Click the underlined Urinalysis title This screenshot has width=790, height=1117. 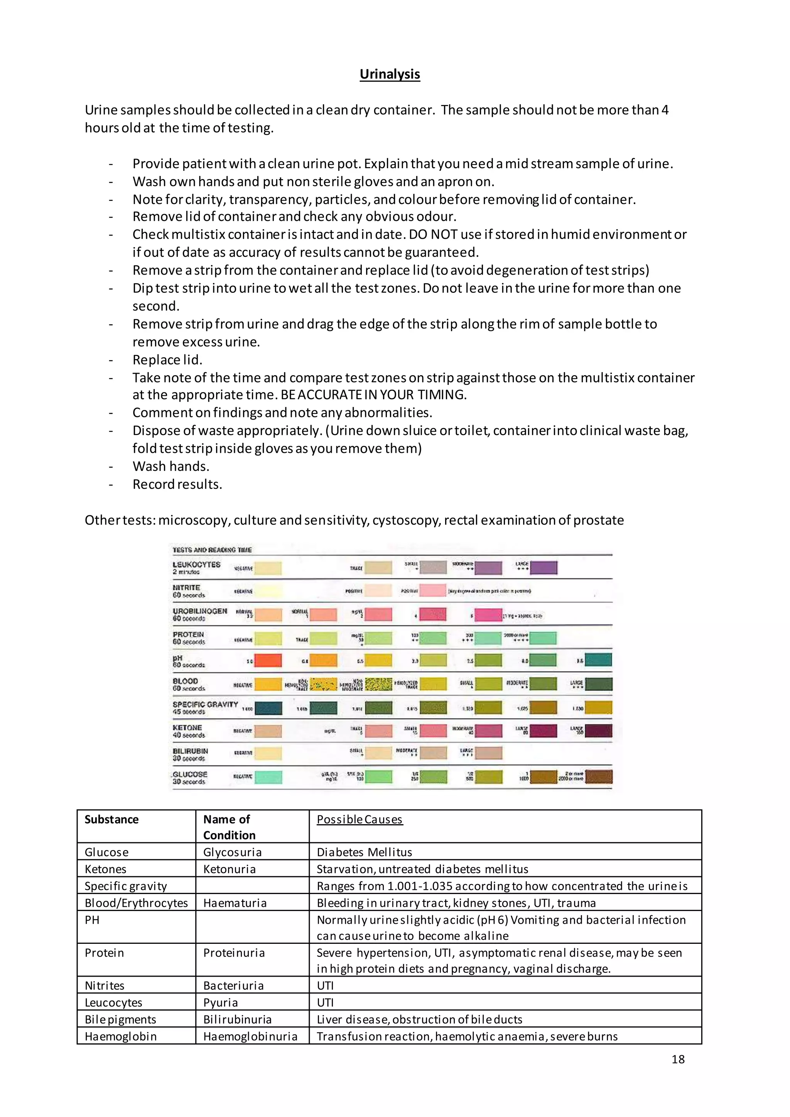tap(390, 74)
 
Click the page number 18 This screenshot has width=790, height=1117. tap(678, 1059)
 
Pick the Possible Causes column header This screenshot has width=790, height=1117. tap(360, 819)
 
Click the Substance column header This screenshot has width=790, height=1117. tap(111, 819)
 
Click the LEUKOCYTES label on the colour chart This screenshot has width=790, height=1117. tap(196, 565)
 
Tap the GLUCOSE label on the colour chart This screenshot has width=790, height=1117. tap(190, 774)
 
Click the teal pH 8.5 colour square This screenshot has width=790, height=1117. tap(598, 660)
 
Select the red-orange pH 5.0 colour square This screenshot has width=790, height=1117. tap(268, 661)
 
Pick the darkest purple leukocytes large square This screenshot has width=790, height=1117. tap(544, 567)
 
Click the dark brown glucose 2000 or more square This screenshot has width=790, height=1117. tap(598, 777)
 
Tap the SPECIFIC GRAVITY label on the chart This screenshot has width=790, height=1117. tap(205, 704)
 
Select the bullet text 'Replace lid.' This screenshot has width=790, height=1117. tap(167, 359)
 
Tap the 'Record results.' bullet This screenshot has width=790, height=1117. tap(177, 484)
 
